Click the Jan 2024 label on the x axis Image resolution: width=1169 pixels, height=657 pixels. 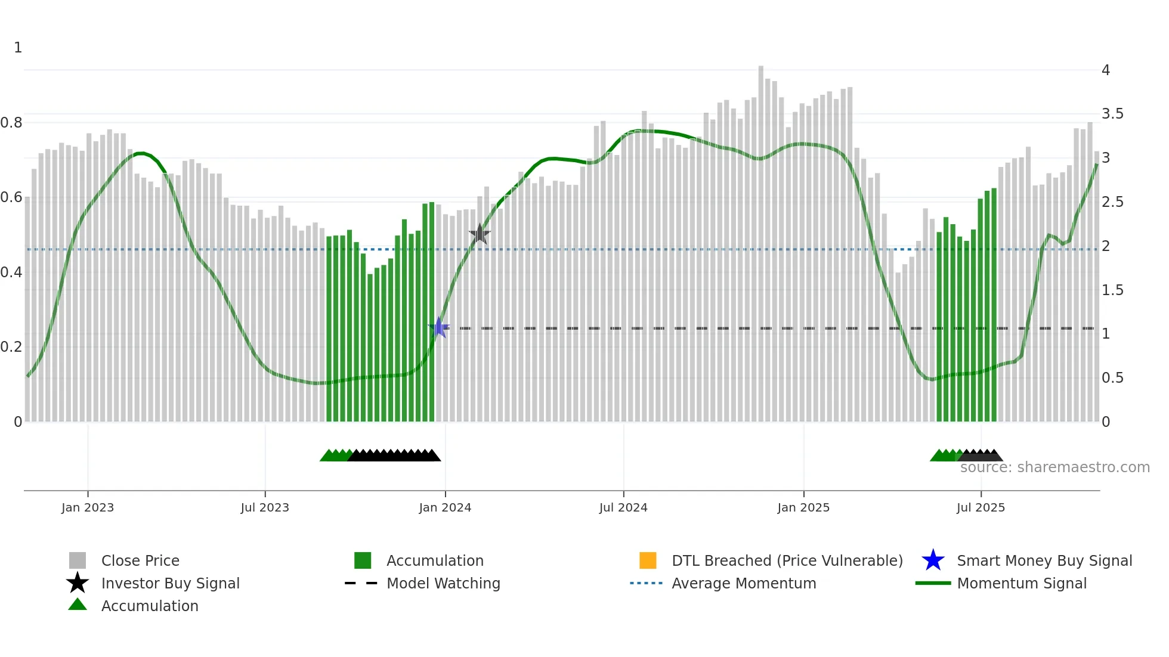[x=445, y=508]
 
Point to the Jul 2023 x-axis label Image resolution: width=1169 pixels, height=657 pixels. [x=265, y=508]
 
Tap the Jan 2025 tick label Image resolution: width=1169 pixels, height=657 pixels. [x=803, y=508]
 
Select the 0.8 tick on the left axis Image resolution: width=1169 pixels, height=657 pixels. [x=12, y=123]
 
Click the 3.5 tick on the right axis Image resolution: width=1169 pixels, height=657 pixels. [x=1112, y=114]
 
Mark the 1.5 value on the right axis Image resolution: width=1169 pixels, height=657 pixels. [x=1112, y=290]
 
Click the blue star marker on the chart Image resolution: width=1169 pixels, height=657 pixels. [x=439, y=327]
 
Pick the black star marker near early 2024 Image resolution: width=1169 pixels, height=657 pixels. [x=480, y=234]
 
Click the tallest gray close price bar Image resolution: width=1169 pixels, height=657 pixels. [x=761, y=238]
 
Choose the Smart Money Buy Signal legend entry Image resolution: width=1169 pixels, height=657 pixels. [x=1044, y=561]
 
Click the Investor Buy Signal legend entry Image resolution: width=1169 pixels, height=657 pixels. [x=171, y=584]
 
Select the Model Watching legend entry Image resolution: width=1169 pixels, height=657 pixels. [x=443, y=584]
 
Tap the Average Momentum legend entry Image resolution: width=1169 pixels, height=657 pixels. [x=744, y=584]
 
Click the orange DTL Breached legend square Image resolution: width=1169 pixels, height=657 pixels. [x=648, y=560]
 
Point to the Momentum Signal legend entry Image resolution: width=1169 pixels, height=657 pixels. [x=1022, y=584]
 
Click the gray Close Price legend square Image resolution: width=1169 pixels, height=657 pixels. [x=78, y=560]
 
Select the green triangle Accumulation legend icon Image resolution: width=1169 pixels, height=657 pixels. [x=78, y=605]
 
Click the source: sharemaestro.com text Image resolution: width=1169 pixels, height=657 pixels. [x=1054, y=467]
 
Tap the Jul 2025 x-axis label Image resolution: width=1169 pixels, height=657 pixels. [x=981, y=508]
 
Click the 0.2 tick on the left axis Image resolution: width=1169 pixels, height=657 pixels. [x=12, y=347]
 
